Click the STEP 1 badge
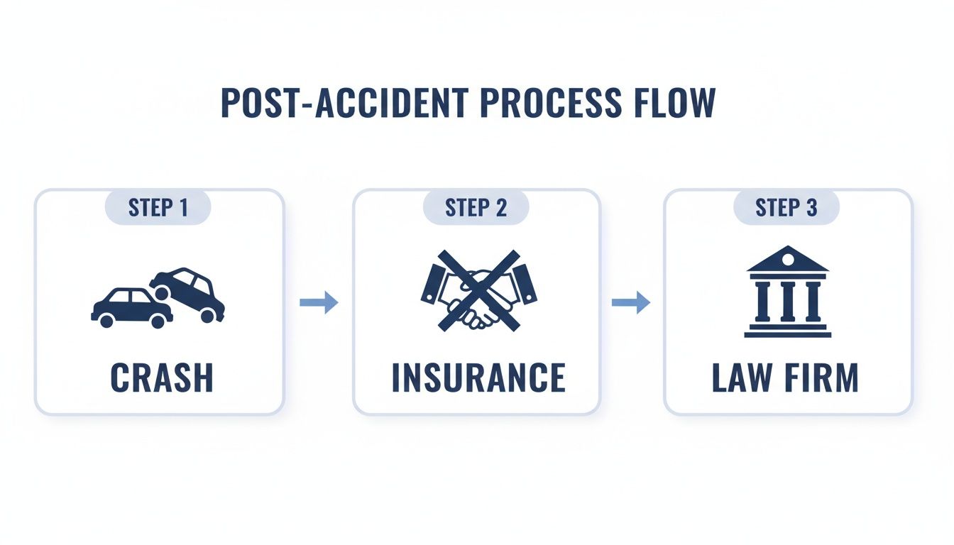click(x=158, y=207)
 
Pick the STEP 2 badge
click(x=476, y=207)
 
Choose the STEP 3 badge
click(x=786, y=207)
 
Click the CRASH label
click(x=161, y=378)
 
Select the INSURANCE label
click(x=478, y=378)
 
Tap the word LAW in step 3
click(x=742, y=378)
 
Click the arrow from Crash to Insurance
click(x=319, y=303)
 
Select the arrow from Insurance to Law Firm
click(x=630, y=303)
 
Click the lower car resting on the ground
click(x=130, y=308)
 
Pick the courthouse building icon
click(x=787, y=292)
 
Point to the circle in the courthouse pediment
click(x=787, y=260)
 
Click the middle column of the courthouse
click(x=787, y=301)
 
